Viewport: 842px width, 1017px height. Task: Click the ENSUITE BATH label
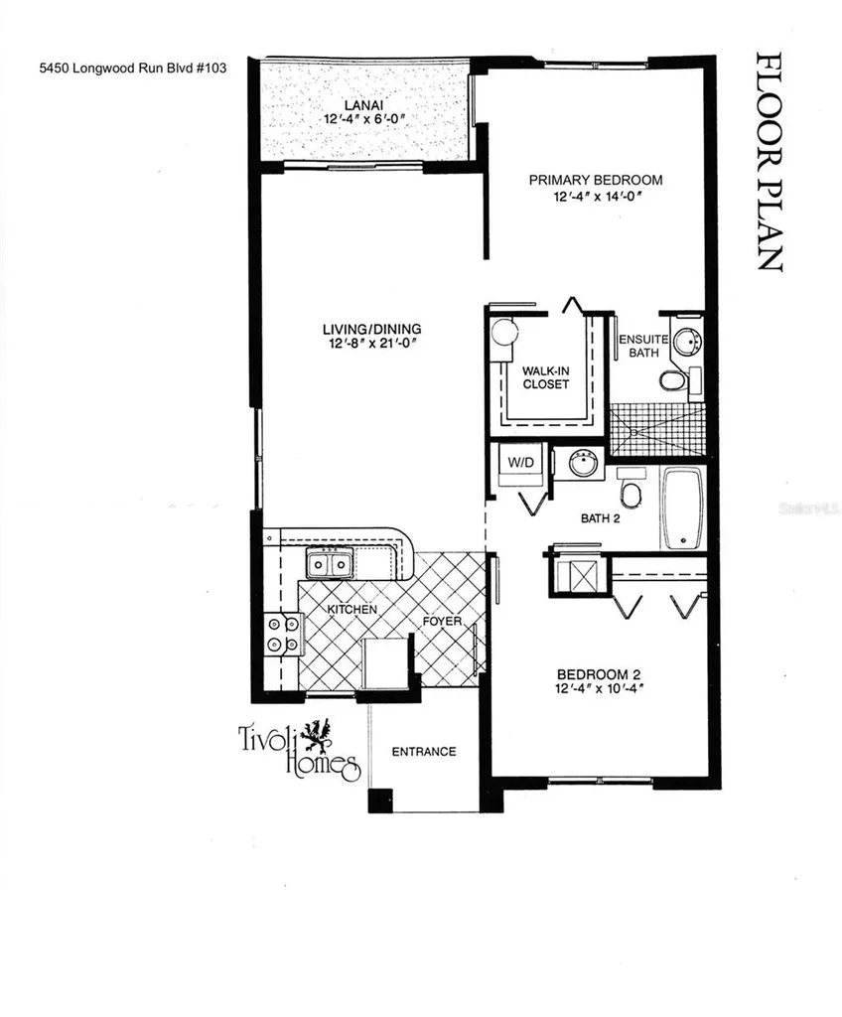(x=637, y=345)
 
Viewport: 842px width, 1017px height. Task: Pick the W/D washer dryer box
(x=521, y=462)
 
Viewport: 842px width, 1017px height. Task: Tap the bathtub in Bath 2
(x=683, y=508)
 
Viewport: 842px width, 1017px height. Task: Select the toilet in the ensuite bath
(x=672, y=380)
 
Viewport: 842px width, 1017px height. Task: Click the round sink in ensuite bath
(x=685, y=344)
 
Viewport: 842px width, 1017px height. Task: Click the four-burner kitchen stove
(x=282, y=635)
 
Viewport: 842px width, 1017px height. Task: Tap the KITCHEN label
(x=352, y=608)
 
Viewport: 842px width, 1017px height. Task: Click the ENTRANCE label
(x=423, y=751)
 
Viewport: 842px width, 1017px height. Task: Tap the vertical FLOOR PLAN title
(x=768, y=161)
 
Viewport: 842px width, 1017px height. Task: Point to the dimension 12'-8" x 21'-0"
(x=372, y=345)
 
